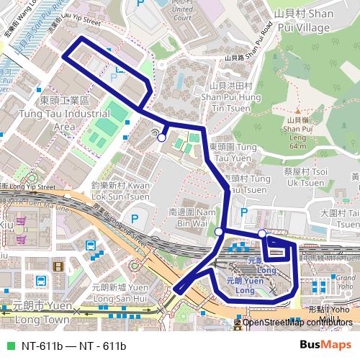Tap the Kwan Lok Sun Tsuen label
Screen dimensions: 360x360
(120, 190)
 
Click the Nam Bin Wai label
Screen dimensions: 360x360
(192, 219)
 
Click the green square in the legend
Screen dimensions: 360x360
(9, 346)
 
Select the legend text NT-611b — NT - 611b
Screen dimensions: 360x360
(73, 346)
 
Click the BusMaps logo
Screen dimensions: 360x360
(325, 345)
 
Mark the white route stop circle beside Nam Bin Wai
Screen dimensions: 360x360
(219, 232)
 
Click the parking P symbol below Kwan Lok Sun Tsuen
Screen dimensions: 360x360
(134, 217)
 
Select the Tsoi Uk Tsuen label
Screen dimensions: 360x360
(306, 176)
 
